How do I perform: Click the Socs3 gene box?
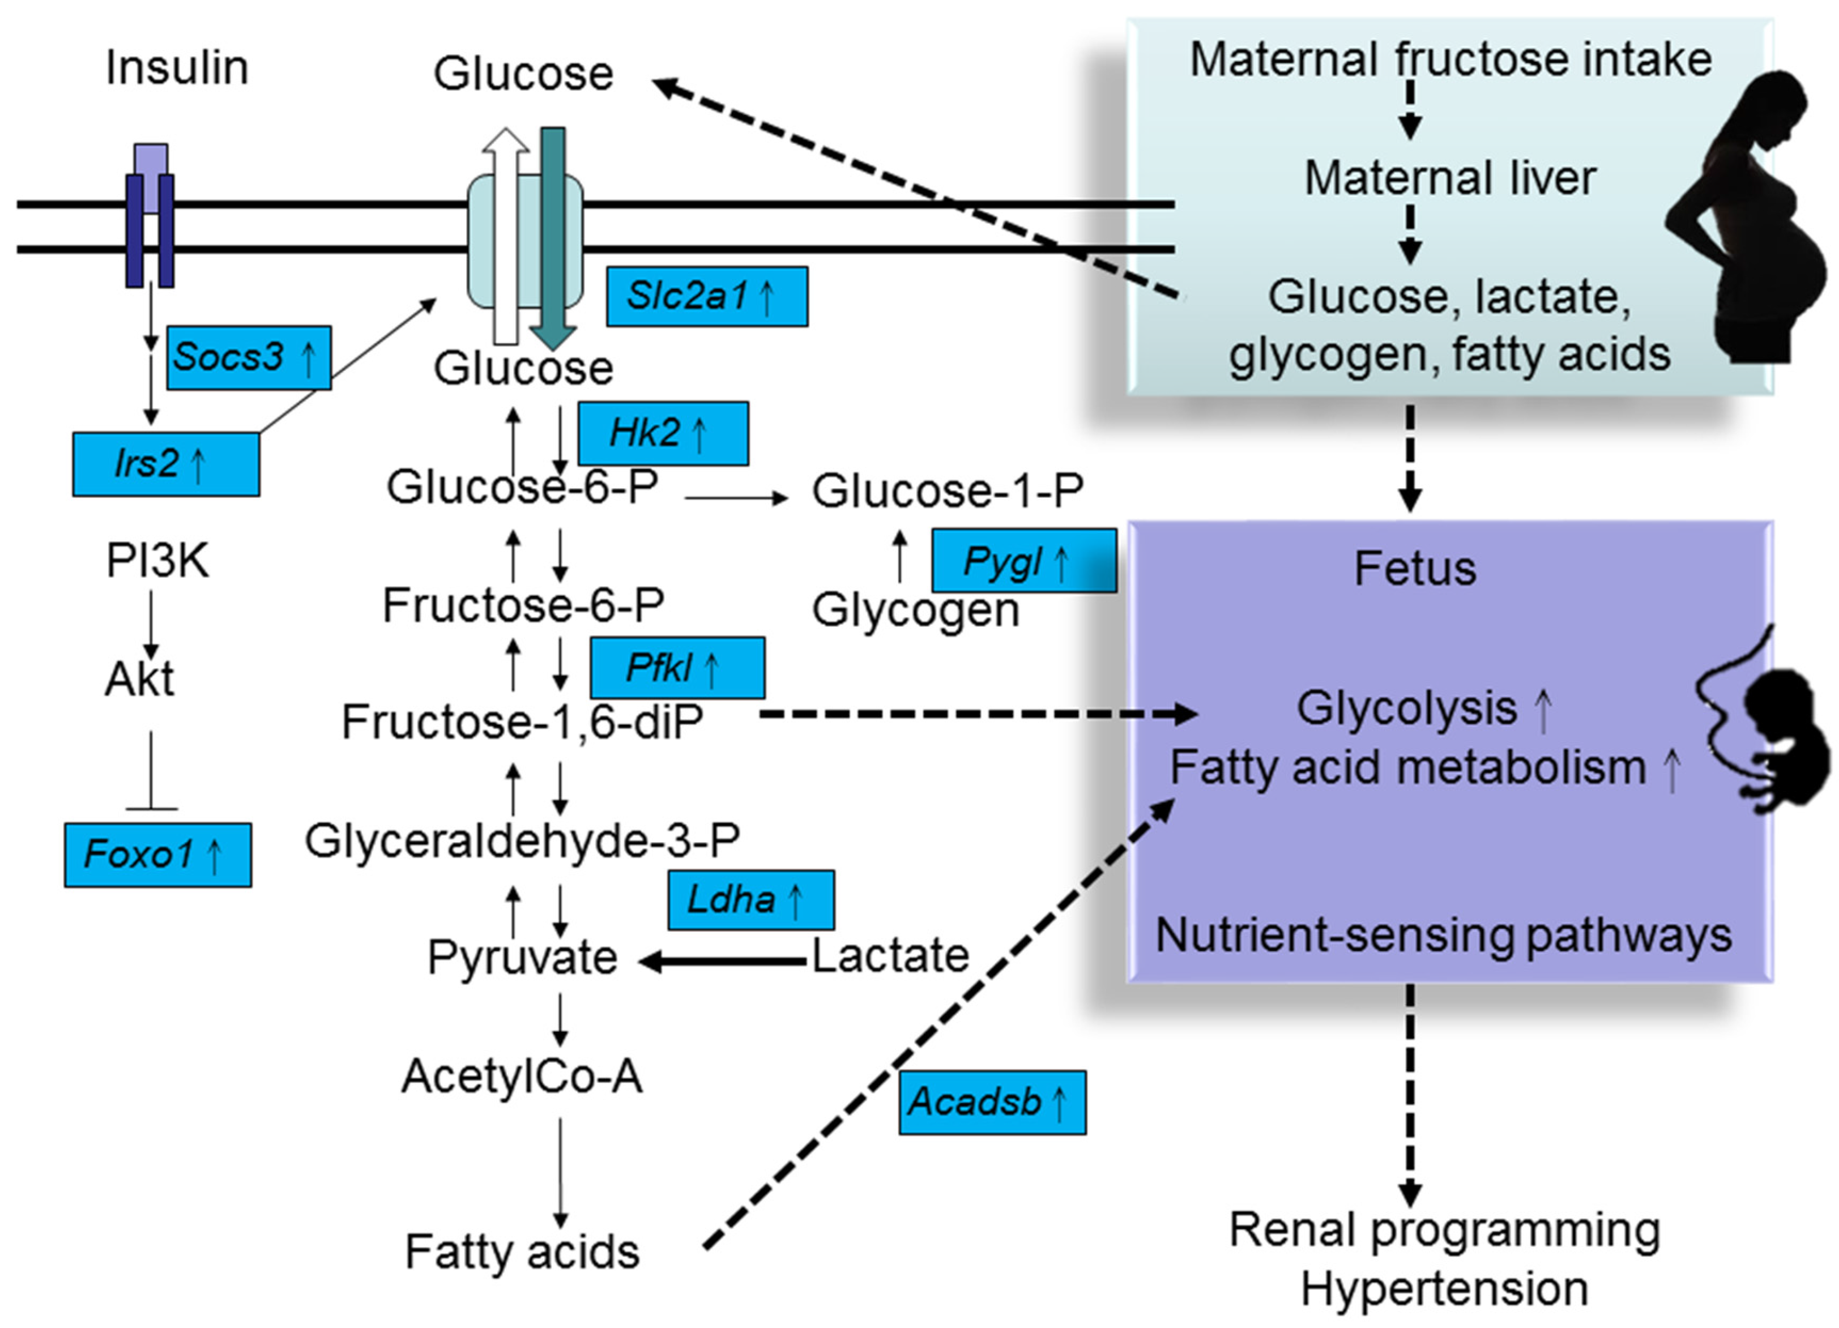click(x=249, y=357)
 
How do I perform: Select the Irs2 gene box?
click(x=165, y=464)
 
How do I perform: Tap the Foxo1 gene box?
click(x=157, y=855)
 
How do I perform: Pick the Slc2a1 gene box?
click(x=706, y=297)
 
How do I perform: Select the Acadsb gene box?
click(x=992, y=1103)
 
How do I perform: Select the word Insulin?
click(x=177, y=68)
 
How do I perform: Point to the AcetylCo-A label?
click(x=522, y=1077)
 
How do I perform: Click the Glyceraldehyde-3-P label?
click(x=522, y=841)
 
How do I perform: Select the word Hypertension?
click(x=1444, y=1289)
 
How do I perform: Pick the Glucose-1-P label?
click(x=947, y=492)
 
